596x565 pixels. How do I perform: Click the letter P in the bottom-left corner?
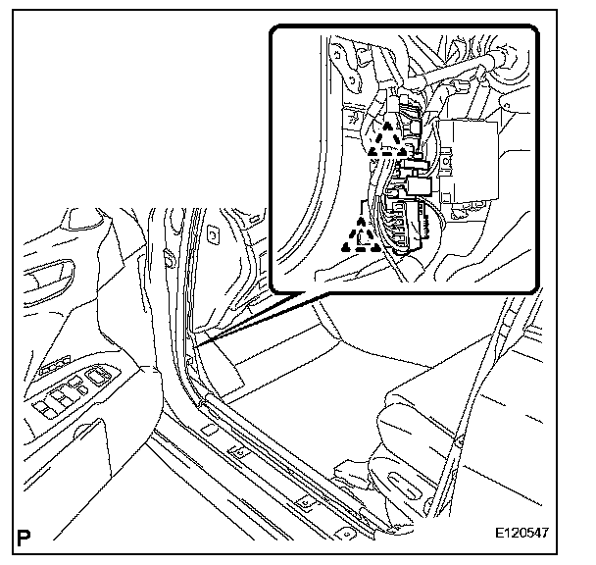[24, 538]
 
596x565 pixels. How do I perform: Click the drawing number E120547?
[521, 533]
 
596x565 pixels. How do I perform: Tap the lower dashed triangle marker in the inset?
[361, 235]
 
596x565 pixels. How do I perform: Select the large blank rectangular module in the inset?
[469, 160]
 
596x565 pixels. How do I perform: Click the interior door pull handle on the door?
[47, 280]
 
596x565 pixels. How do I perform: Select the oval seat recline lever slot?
[406, 486]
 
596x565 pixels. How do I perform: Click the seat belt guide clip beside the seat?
[460, 441]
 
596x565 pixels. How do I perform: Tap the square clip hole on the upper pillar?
[213, 235]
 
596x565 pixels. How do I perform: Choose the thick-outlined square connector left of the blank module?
[419, 185]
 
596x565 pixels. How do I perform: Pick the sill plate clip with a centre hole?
[239, 453]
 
